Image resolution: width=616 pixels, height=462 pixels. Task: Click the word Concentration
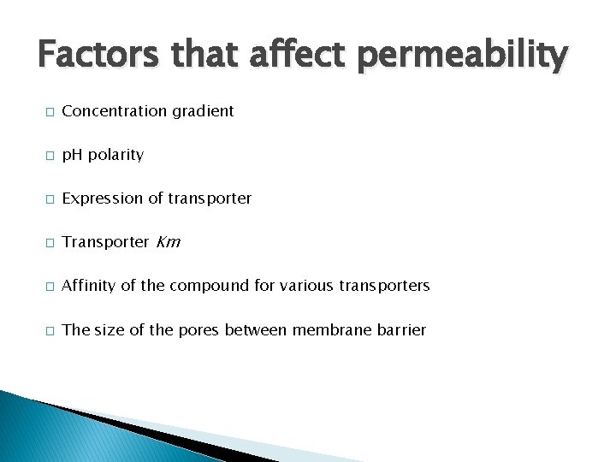point(113,111)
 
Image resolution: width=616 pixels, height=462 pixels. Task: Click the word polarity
point(115,156)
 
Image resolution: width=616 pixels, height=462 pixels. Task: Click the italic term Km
point(169,242)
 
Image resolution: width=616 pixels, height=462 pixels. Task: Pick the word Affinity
point(89,286)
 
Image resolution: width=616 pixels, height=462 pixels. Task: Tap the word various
point(304,286)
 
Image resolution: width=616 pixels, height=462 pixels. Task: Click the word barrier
point(400,330)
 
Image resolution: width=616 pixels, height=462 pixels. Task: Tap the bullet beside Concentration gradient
point(50,112)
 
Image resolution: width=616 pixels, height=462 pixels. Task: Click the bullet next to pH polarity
point(50,156)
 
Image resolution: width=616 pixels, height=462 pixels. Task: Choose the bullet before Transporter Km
point(50,243)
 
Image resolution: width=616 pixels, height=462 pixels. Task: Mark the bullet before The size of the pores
point(50,330)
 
